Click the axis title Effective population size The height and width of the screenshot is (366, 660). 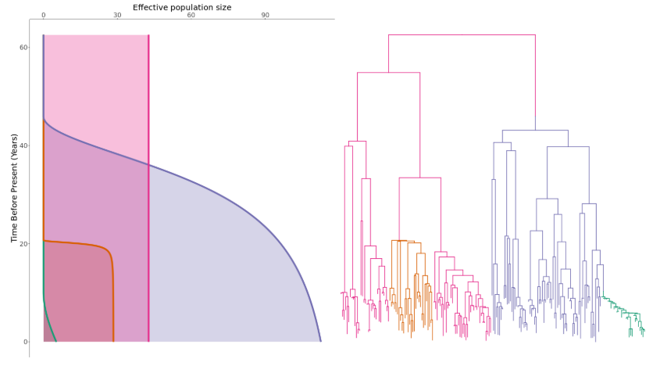tap(181, 7)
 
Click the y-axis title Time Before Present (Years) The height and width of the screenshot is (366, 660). tap(14, 188)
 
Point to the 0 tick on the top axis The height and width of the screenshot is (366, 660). tap(43, 15)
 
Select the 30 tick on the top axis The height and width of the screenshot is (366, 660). tap(117, 15)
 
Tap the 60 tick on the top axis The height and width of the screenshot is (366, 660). tap(191, 15)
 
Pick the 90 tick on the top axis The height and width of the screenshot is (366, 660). tap(266, 15)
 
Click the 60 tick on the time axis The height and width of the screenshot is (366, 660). tap(23, 48)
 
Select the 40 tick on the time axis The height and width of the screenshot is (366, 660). tap(23, 145)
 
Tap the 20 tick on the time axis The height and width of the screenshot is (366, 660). tap(23, 244)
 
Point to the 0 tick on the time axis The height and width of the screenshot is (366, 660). tap(25, 342)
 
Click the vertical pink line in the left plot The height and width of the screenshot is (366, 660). tap(148, 94)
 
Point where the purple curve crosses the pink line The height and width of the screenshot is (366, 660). tap(148, 165)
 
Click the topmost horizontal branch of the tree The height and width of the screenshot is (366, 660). tap(461, 35)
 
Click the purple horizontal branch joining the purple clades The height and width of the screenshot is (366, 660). tap(535, 130)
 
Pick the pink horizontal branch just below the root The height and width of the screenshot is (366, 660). tap(388, 73)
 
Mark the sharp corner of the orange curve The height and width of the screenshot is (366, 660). tap(110, 252)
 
